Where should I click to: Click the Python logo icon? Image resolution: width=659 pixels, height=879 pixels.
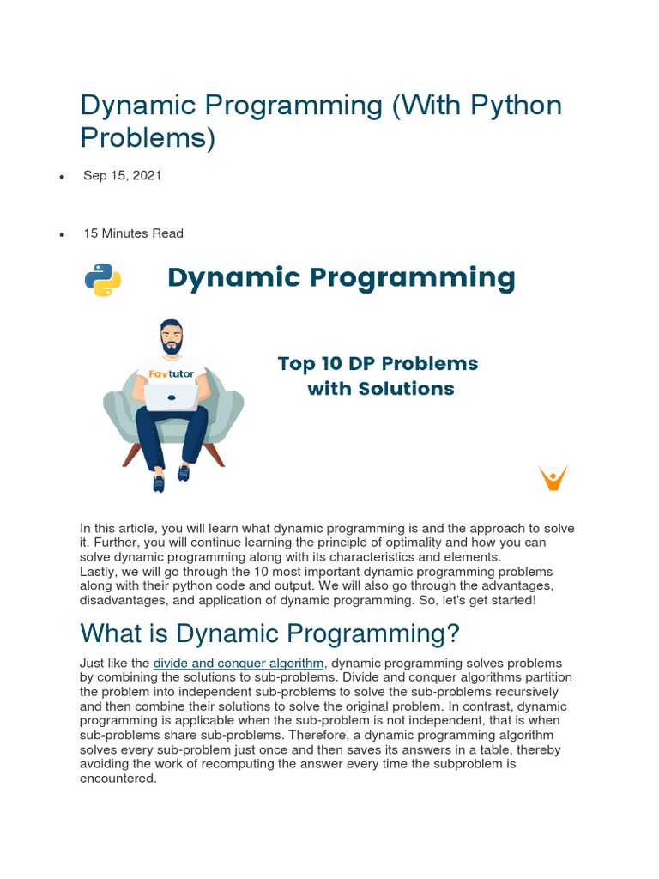pos(103,280)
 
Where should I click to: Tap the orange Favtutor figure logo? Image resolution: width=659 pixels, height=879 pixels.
pos(553,477)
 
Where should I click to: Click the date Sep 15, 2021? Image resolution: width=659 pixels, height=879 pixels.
pos(122,175)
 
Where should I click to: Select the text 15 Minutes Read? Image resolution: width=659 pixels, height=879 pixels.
pos(133,233)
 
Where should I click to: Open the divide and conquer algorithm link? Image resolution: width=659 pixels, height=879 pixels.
pos(239,663)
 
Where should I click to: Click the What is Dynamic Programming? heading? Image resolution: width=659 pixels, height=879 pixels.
pos(269,633)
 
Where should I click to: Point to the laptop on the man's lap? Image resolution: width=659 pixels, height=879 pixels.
pos(172,397)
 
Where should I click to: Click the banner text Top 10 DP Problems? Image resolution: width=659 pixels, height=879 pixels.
pos(378,363)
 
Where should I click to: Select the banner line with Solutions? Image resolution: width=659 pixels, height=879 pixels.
pos(380,389)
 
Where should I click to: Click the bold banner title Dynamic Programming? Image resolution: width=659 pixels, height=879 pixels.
pos(341,278)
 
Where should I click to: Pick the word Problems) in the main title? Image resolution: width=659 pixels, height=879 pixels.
pos(148,137)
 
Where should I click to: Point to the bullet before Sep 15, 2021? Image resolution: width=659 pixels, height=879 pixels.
pos(63,177)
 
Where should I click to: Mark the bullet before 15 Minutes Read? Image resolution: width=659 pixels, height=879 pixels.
pos(63,234)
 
